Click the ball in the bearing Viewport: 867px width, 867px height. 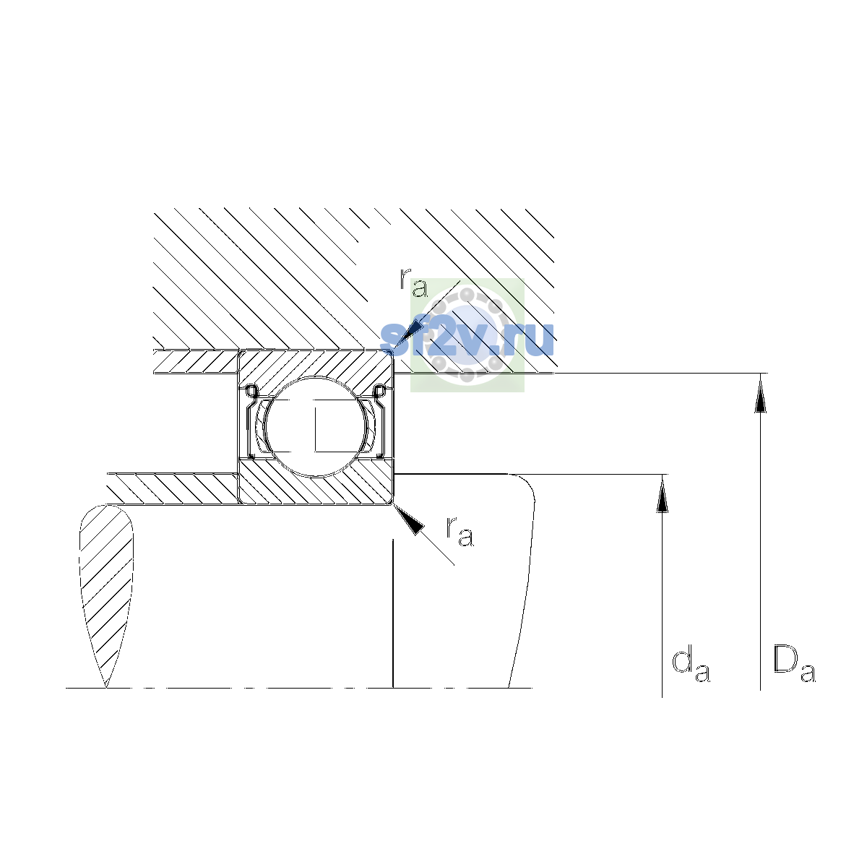pyautogui.click(x=316, y=426)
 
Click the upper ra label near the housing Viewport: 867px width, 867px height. pyautogui.click(x=413, y=282)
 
